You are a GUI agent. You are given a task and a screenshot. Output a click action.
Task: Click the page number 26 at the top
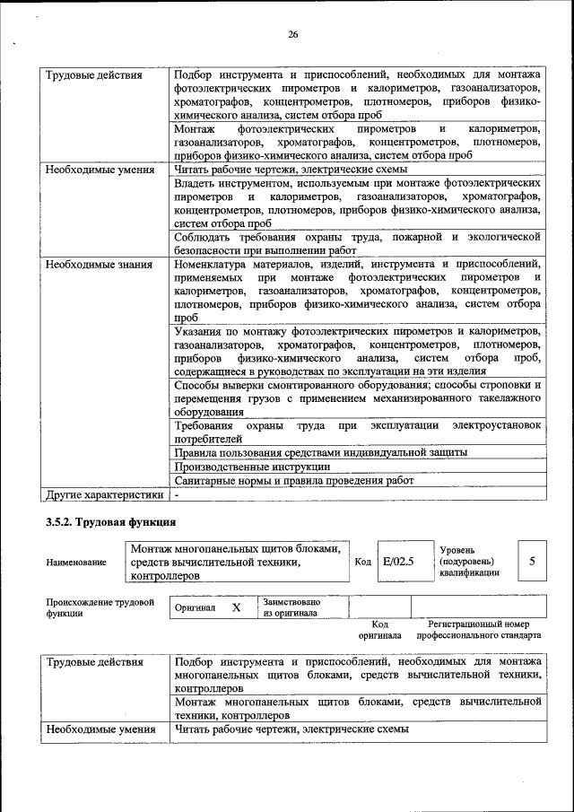pos(292,35)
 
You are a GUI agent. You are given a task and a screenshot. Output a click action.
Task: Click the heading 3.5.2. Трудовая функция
pos(110,522)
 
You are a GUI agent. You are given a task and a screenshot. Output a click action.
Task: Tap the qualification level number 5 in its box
pos(532,561)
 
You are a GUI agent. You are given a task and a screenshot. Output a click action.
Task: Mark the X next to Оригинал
pos(237,607)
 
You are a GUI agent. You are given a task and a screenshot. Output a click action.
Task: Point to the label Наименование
pos(76,562)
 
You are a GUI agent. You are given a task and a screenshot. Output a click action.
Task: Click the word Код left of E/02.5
pos(362,562)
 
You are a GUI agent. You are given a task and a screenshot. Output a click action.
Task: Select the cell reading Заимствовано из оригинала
pos(292,607)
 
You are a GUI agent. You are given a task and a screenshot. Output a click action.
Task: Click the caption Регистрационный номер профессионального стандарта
pos(484,629)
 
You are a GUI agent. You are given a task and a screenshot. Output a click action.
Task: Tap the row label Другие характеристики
pos(105,493)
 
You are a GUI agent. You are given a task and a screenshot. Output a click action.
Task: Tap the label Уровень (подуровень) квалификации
pos(469,561)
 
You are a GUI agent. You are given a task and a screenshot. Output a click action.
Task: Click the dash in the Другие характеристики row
pos(178,493)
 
